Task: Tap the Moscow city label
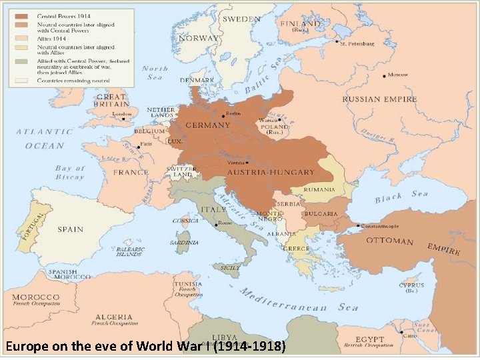click(398, 74)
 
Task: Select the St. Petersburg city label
click(357, 44)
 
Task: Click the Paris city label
click(147, 143)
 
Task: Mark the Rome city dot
click(215, 225)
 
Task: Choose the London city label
click(122, 114)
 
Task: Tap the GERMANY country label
click(208, 125)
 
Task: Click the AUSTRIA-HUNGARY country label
click(271, 172)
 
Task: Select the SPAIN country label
click(70, 229)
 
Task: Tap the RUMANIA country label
click(319, 189)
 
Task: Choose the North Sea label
click(154, 73)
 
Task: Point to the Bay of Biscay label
click(70, 173)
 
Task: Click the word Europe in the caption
click(25, 346)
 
